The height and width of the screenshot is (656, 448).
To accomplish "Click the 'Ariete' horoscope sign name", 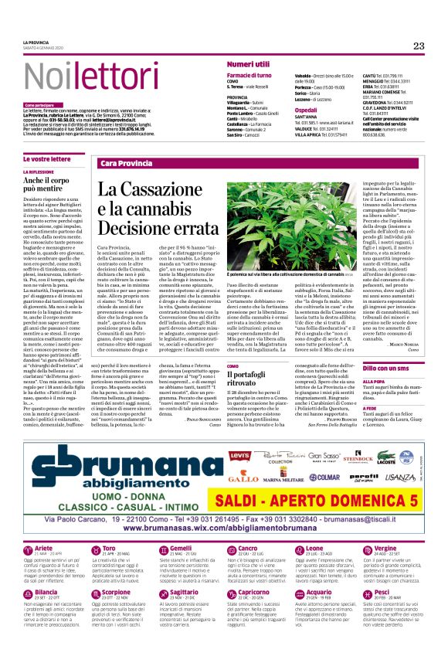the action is click(45, 570).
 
